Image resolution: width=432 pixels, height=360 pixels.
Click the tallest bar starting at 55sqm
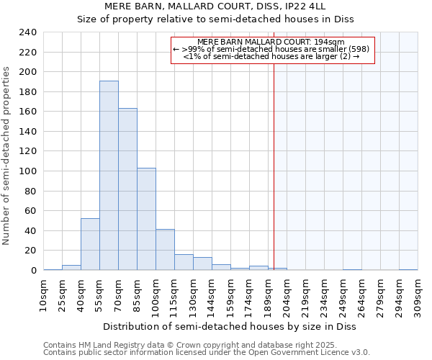pyautogui.click(x=109, y=176)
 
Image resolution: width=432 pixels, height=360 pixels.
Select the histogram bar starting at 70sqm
pyautogui.click(x=127, y=189)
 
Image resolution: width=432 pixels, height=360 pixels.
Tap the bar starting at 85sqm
pyautogui.click(x=146, y=219)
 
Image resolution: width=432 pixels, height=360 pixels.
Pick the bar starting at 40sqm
pyautogui.click(x=90, y=244)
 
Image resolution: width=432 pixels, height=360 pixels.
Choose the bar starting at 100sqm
pyautogui.click(x=165, y=250)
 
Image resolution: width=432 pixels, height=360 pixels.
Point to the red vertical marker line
pyautogui.click(x=274, y=158)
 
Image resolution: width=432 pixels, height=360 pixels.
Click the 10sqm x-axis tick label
pyautogui.click(x=43, y=294)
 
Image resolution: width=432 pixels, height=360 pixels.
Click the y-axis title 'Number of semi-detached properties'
pyautogui.click(x=7, y=156)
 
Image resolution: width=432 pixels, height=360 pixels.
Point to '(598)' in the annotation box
pyautogui.click(x=356, y=49)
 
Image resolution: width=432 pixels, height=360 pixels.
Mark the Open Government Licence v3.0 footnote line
pyautogui.click(x=207, y=352)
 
